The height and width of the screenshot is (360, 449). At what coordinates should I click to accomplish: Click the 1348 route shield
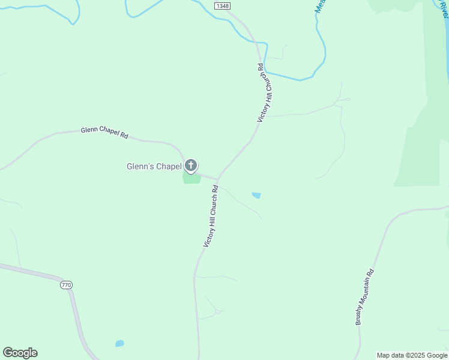click(x=222, y=5)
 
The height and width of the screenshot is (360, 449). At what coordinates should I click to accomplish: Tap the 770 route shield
click(x=66, y=284)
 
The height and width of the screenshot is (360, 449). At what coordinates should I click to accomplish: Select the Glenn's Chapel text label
click(x=153, y=166)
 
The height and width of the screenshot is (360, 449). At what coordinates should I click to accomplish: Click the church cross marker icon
click(x=191, y=165)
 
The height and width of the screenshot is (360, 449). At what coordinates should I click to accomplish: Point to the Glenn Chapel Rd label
click(x=105, y=133)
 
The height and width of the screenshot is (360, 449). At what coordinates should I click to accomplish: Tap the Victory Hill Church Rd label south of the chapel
click(x=211, y=217)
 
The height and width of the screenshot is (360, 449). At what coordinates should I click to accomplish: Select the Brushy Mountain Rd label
click(x=365, y=296)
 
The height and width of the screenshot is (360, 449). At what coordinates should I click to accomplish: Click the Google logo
click(x=20, y=353)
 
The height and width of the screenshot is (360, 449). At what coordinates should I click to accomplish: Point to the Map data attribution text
click(x=412, y=355)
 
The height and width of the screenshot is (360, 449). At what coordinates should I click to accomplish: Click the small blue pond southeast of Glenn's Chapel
click(x=256, y=195)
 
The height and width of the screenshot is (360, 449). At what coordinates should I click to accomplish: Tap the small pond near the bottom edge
click(x=119, y=344)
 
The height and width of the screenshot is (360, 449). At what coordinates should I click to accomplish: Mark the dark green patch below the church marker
click(x=191, y=178)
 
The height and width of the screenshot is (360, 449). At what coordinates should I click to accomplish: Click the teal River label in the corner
click(x=444, y=9)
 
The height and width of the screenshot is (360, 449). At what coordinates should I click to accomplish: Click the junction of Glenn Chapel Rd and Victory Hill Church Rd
click(x=217, y=179)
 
